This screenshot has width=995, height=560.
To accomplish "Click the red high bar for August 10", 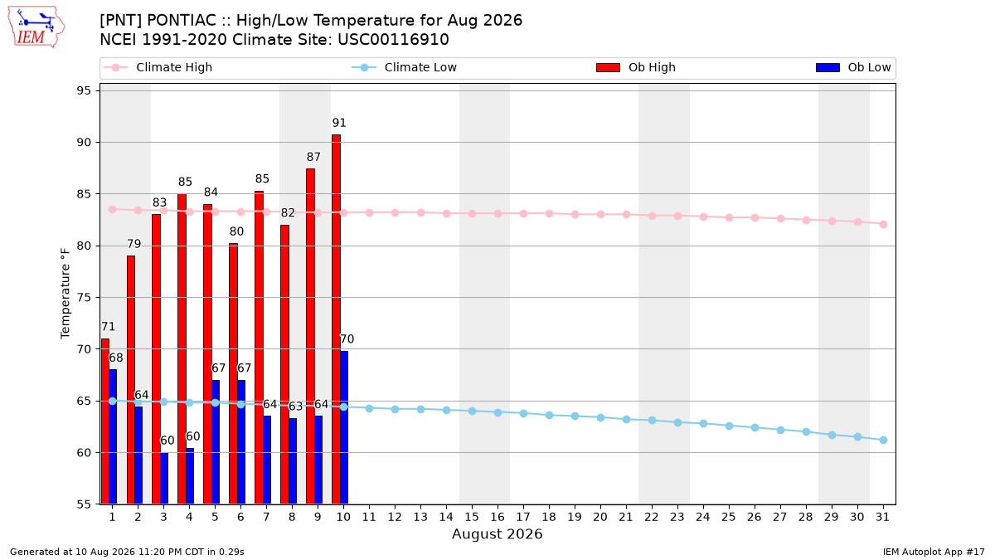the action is pos(337,319).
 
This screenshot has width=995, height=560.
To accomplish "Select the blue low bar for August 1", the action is pos(113,436).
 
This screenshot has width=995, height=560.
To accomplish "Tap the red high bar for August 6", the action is pos(233,374).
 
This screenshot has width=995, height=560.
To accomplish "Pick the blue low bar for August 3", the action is pos(164,478).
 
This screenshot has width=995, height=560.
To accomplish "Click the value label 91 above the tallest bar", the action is pos(339,123).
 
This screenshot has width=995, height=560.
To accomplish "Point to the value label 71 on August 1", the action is pos(108,327).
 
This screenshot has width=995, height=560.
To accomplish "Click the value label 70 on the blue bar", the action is pos(347,339).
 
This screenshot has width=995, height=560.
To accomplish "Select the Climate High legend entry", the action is pos(158,67).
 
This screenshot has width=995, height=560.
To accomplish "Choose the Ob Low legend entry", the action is pos(853,67).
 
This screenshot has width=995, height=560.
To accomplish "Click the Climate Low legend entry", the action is pos(405,67).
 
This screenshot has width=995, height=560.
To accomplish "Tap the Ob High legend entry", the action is pos(636,67).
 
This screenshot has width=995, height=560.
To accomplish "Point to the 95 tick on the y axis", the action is pos(84,90).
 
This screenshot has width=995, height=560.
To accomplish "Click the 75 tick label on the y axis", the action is pos(84,297).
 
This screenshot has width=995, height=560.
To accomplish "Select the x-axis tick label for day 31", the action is pos(882,517).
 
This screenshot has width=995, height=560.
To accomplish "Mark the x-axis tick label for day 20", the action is pos(600,517).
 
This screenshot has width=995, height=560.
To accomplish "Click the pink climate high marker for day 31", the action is pos(883,225).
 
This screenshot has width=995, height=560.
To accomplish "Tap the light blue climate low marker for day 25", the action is pos(729,426).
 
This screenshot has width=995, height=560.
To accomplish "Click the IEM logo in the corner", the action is pos(36,27).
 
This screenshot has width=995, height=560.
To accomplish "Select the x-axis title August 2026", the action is pos(497,533).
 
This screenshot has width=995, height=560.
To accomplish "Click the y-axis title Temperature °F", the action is pos(66,294).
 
